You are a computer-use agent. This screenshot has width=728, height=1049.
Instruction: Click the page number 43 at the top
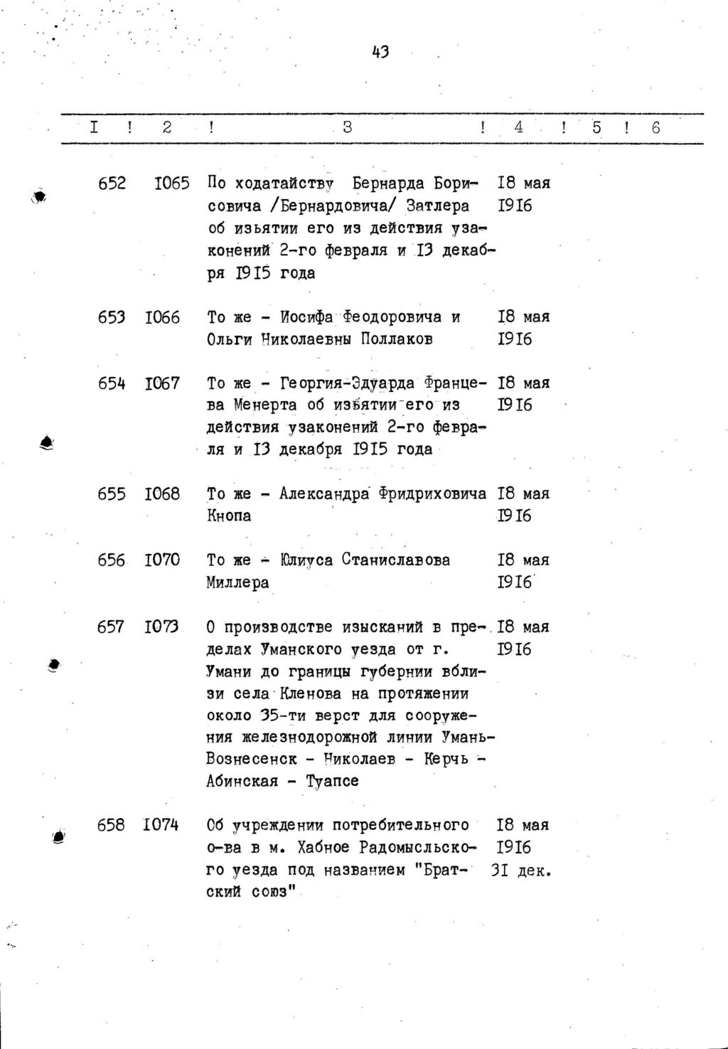pos(380,51)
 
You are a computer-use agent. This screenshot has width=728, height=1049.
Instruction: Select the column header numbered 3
pos(347,127)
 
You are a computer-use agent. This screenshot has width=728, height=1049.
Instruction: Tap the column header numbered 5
pos(596,127)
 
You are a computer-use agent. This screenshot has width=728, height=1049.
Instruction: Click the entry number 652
pos(112,183)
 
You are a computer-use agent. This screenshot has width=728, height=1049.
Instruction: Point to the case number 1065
pos(172,183)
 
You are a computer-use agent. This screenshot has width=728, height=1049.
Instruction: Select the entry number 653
pos(112,317)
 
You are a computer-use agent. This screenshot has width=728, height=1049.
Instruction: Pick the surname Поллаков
pos(397,339)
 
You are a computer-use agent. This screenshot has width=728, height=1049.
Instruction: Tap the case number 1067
pos(163,383)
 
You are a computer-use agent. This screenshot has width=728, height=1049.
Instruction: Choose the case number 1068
pos(163,494)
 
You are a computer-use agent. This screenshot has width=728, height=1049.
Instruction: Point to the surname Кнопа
pos(229,516)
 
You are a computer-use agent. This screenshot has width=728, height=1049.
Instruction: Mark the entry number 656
pos(112,560)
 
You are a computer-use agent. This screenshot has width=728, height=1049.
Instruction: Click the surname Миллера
pos(238,583)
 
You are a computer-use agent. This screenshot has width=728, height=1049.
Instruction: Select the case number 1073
pos(163,627)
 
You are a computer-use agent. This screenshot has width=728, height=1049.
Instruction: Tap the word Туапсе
pos(332,782)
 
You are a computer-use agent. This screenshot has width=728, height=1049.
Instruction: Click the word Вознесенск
pos(252,760)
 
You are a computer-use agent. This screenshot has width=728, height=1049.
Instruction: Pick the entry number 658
pos(112,825)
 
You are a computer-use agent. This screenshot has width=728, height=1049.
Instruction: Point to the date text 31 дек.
pos(521,870)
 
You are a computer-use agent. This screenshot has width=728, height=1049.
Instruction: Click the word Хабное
pos(323,848)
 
